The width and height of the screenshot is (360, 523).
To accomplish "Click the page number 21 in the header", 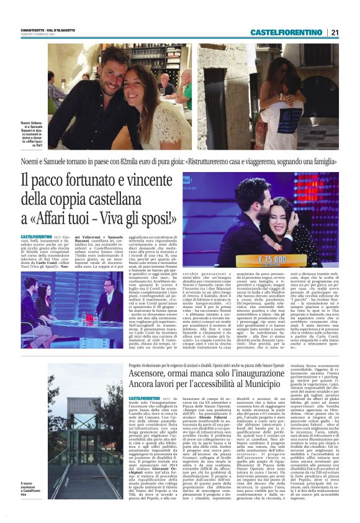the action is point(335,32).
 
